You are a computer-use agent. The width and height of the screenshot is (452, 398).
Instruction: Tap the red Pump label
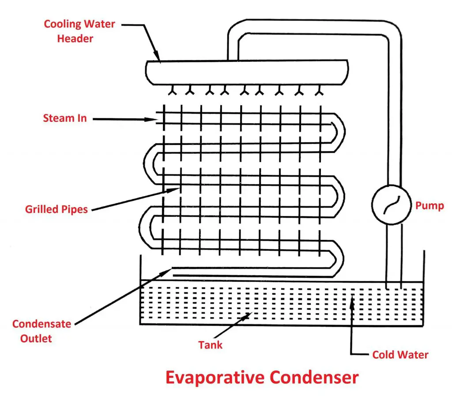coord(429,205)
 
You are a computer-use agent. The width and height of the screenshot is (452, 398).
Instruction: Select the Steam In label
coord(64,118)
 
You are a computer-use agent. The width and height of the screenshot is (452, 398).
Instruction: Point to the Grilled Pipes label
coord(56,208)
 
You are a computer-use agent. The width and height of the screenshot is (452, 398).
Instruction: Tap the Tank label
coord(210,345)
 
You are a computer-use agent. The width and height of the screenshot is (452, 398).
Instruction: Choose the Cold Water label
coord(400,354)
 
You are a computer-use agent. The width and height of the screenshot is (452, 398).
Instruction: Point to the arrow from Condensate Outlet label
coord(119,296)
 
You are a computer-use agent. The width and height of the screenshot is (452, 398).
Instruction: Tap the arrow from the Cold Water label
coord(352,327)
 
